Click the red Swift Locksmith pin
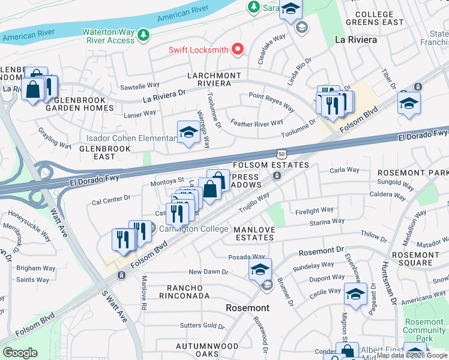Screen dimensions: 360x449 [x=238, y=49]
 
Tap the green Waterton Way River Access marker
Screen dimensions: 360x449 [x=143, y=35]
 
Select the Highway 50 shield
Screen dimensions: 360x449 [x=281, y=154]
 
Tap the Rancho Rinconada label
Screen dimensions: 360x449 [x=184, y=292]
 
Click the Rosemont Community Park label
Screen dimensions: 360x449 [x=424, y=331]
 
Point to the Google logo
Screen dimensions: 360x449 [x=20, y=353]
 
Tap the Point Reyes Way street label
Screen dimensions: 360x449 [x=271, y=102]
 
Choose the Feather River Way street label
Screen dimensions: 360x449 [x=256, y=123]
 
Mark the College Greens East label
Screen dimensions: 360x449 [x=379, y=18]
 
